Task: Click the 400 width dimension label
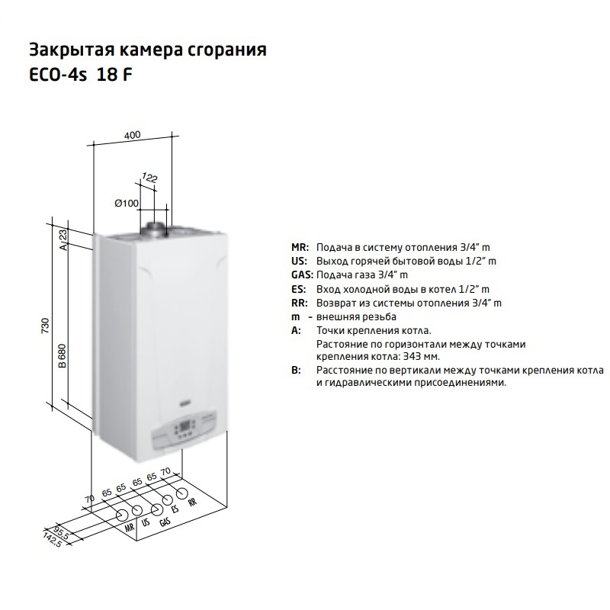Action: click(132, 135)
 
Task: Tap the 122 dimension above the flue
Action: click(149, 178)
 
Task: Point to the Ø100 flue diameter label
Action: click(127, 203)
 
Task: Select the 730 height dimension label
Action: click(46, 326)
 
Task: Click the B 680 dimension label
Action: click(63, 355)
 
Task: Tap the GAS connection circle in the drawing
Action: click(156, 510)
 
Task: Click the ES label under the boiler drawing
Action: click(175, 509)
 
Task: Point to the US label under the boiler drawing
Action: click(146, 522)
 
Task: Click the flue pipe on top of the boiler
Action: click(156, 230)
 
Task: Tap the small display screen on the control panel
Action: click(185, 425)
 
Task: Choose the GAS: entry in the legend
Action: click(302, 275)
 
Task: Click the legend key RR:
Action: click(299, 303)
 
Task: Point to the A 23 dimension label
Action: click(63, 240)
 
